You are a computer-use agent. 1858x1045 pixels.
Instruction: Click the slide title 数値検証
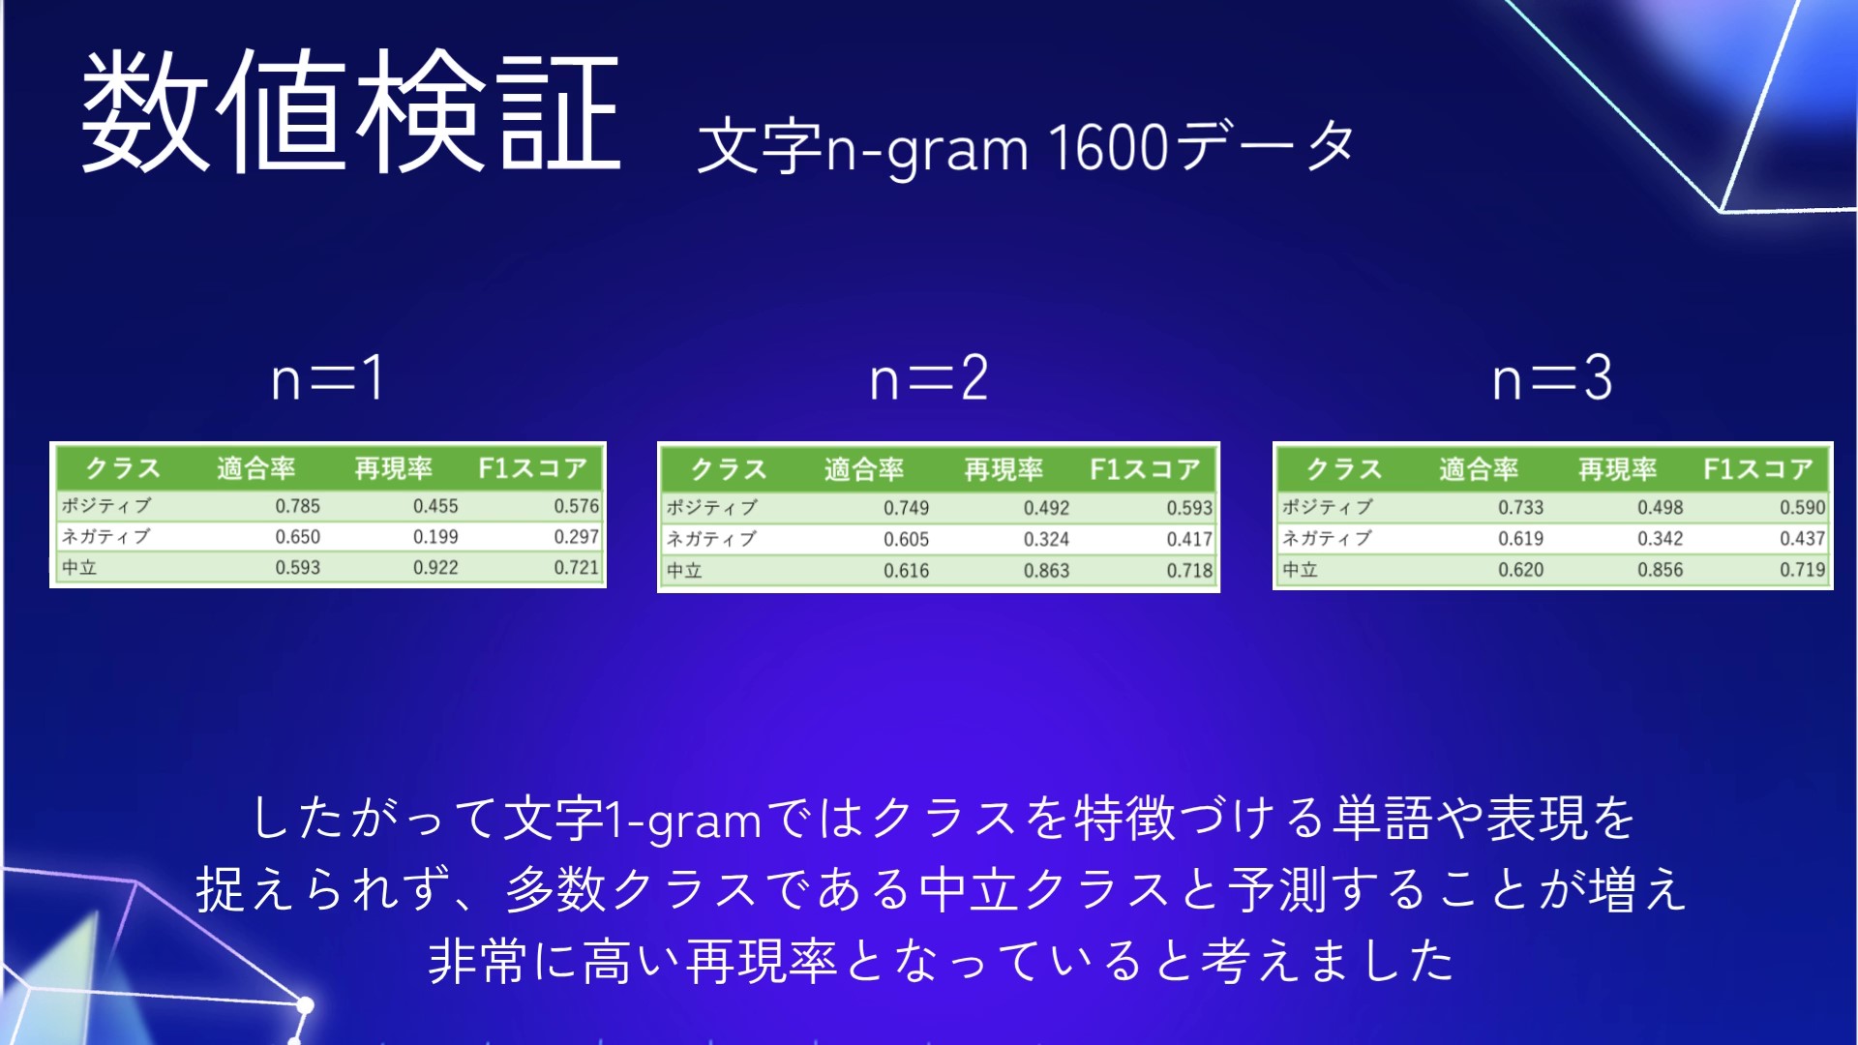click(x=350, y=111)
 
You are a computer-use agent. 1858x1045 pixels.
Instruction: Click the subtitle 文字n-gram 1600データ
click(x=1026, y=148)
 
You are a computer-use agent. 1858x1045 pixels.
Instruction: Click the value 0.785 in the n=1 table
click(x=297, y=506)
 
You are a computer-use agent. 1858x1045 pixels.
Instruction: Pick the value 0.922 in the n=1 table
click(x=435, y=568)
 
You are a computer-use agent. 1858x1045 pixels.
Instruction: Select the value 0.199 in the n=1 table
click(x=435, y=537)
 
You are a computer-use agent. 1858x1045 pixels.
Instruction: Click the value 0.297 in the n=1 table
click(x=577, y=537)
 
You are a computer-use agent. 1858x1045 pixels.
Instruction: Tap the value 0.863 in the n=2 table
click(x=1046, y=571)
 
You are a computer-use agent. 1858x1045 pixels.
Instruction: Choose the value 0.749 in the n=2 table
click(x=906, y=508)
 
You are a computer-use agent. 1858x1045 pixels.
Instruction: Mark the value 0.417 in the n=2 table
click(x=1189, y=540)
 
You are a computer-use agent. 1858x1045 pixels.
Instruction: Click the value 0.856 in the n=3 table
click(x=1661, y=570)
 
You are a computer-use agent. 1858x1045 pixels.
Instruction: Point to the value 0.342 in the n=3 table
click(x=1661, y=539)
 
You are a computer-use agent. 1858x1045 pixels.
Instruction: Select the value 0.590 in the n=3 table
click(x=1803, y=507)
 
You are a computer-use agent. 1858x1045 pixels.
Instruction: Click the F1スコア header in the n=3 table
click(x=1758, y=469)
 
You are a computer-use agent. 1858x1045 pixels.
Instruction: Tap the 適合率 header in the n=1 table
click(x=255, y=468)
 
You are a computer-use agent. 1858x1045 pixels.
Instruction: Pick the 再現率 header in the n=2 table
click(x=1004, y=469)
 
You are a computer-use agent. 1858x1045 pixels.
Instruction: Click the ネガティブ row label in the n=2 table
click(x=711, y=539)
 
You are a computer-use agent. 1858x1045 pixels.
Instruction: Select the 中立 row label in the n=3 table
click(x=1300, y=570)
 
